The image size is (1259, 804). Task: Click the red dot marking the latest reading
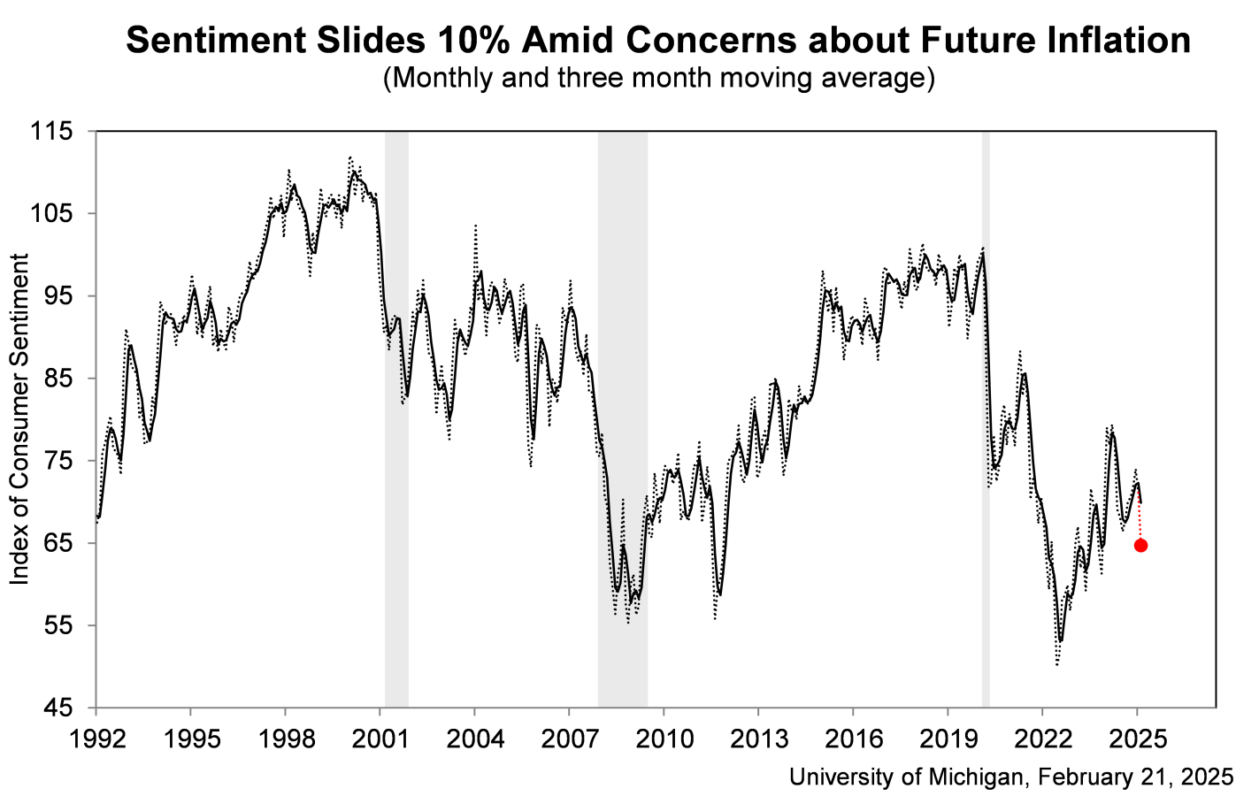tap(1140, 545)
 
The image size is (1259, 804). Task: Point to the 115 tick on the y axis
tap(55, 132)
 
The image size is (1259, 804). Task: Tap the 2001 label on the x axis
tap(380, 738)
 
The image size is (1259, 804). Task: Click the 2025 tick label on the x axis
tap(1137, 738)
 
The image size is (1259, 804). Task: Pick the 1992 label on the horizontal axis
tap(96, 738)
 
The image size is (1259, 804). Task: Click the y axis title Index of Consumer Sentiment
tap(19, 419)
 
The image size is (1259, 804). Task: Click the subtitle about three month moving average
tap(658, 78)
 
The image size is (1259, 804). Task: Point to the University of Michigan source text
tap(1010, 777)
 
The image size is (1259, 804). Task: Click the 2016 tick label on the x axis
tap(853, 738)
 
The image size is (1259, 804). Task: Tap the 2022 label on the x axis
tap(1042, 738)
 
